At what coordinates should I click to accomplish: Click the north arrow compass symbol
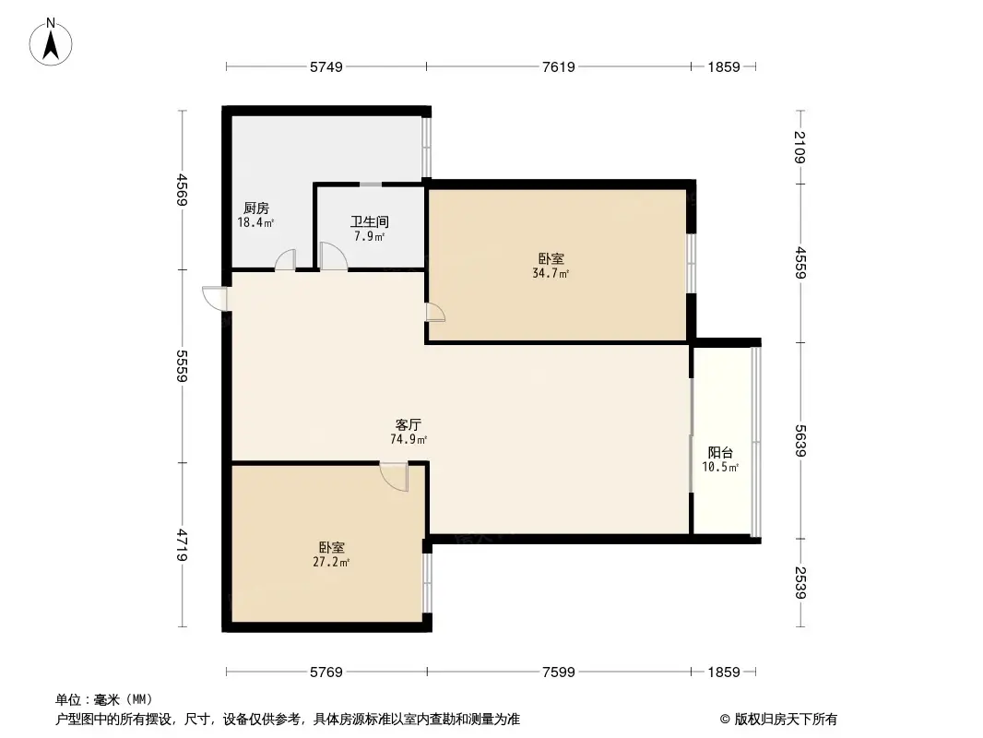coord(52,42)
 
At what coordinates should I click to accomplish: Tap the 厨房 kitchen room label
coord(256,208)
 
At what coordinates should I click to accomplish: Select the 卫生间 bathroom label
coord(369,222)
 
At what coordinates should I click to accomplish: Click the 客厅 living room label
coord(409,425)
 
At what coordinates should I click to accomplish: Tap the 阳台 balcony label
coord(720,453)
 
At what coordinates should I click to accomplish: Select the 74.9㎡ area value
coord(409,440)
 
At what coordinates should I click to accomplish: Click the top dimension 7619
coord(559,66)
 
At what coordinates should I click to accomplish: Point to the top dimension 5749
coord(326,66)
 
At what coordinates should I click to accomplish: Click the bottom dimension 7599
coord(559,673)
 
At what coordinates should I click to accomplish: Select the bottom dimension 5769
coord(326,673)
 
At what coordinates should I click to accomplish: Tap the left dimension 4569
coord(184,191)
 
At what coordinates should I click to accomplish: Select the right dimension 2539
coord(799,583)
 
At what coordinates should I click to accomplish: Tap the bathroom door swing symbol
coord(332,256)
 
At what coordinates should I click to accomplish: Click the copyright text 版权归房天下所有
coord(778,719)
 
